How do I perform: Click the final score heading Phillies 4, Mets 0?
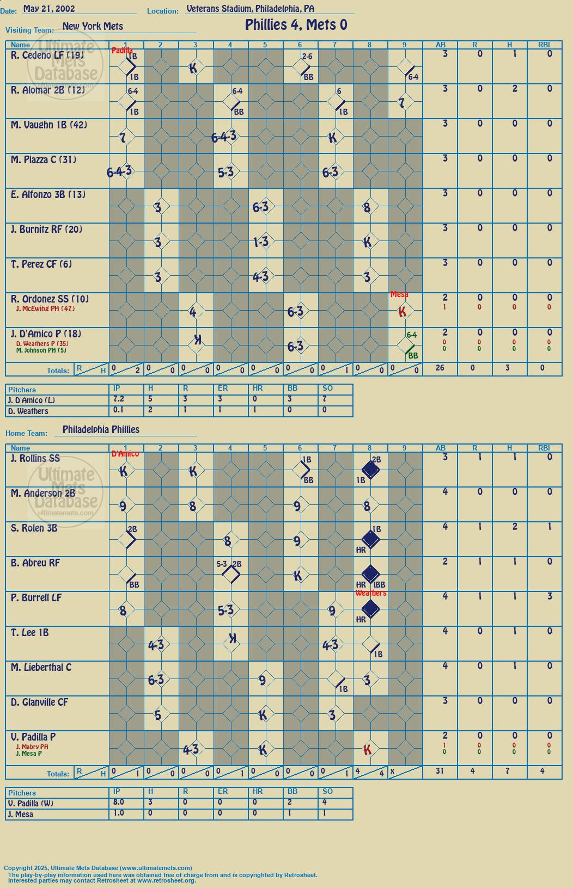(x=296, y=25)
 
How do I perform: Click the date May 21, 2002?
(x=49, y=8)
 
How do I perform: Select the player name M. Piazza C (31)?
(x=44, y=159)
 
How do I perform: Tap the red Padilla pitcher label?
(x=122, y=51)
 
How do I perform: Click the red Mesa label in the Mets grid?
(x=399, y=294)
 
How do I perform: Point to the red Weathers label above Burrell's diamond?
(x=370, y=593)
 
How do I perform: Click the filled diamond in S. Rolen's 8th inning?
(x=370, y=540)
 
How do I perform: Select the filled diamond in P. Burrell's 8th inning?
(x=370, y=609)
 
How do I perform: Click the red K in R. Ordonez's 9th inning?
(x=402, y=312)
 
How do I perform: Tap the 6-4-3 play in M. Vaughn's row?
(x=224, y=137)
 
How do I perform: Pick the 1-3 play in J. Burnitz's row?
(x=261, y=242)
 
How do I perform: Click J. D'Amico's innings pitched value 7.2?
(x=118, y=399)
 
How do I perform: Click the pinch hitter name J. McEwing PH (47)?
(x=45, y=309)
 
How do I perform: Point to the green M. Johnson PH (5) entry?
(x=41, y=350)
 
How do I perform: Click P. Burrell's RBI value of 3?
(x=550, y=596)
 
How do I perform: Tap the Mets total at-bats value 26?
(x=440, y=368)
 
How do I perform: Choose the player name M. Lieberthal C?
(x=41, y=668)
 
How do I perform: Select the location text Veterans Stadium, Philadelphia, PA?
(x=251, y=9)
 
